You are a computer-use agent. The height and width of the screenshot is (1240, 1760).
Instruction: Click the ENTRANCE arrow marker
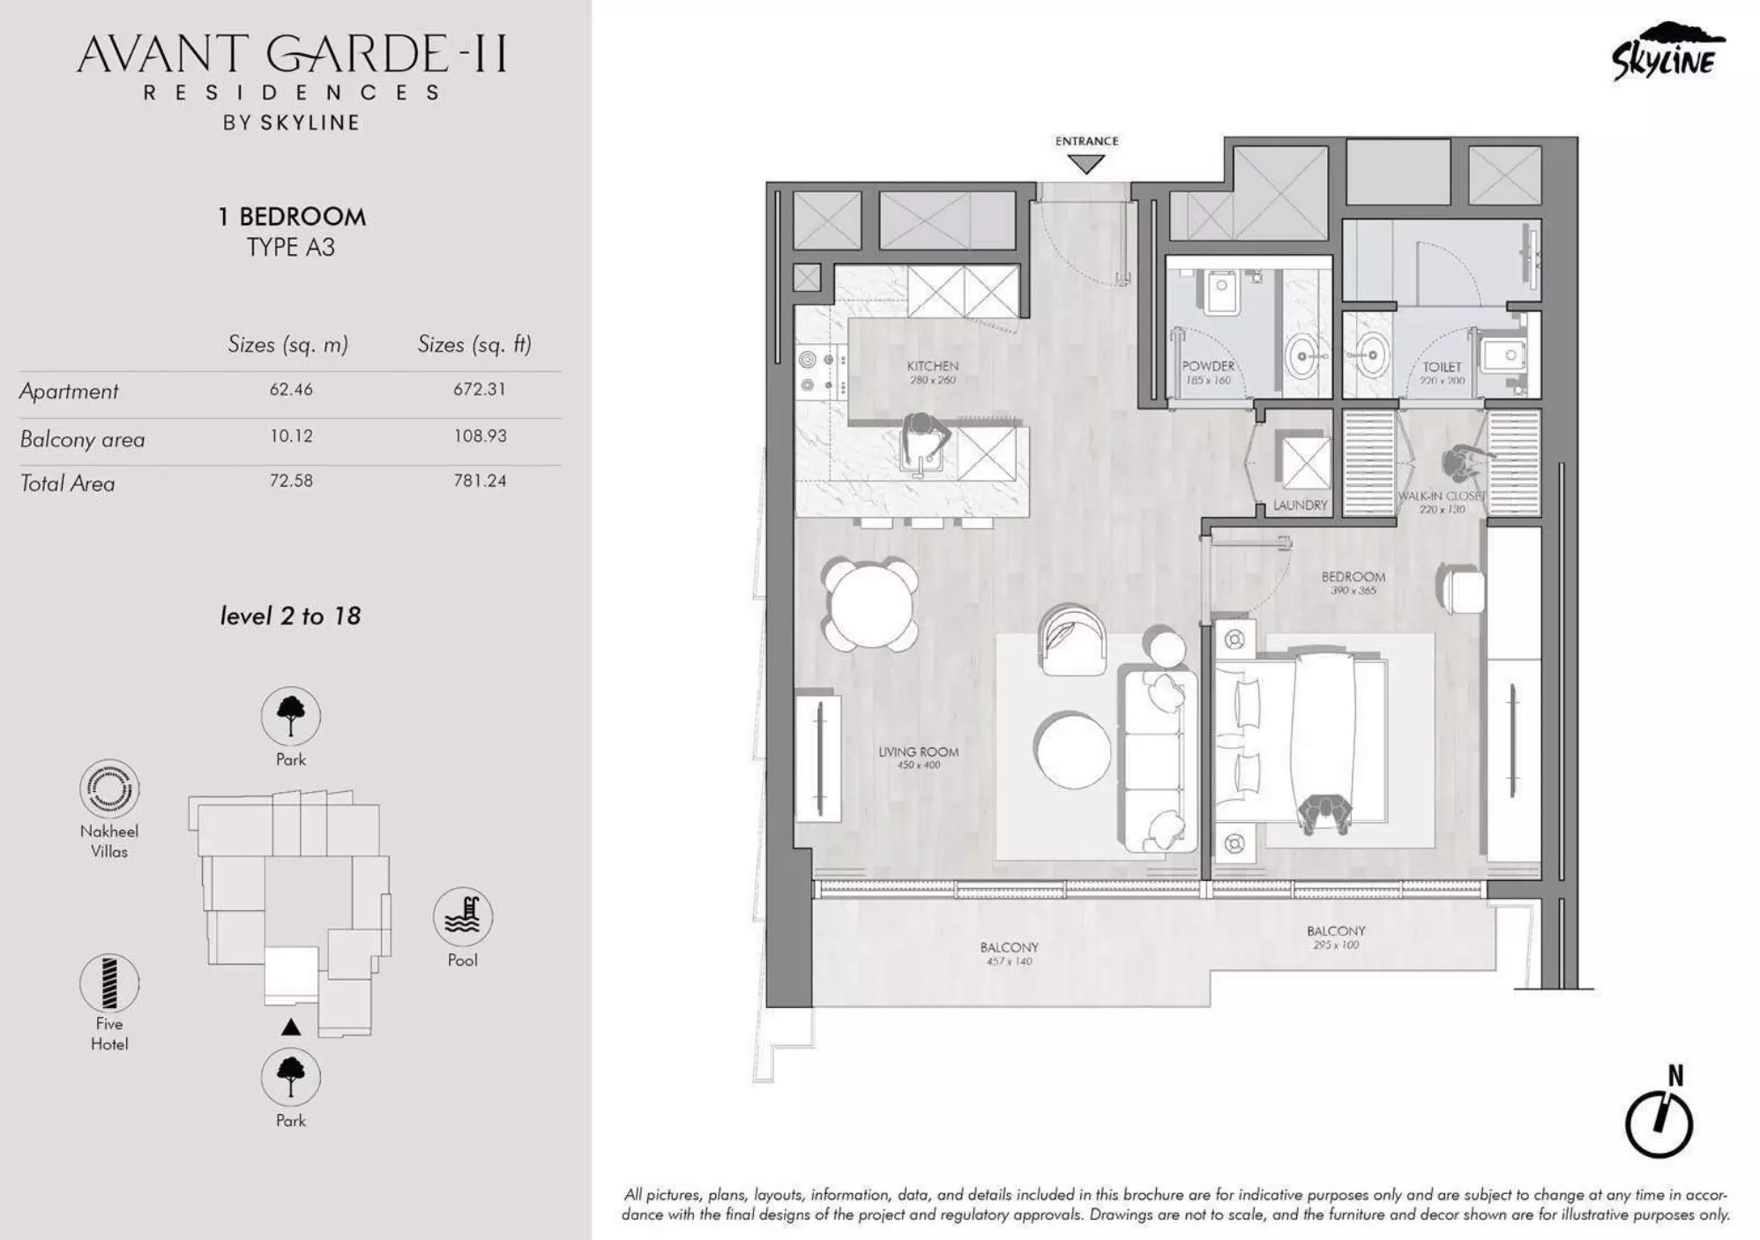point(1085,164)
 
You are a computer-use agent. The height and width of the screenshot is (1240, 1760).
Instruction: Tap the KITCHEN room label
point(932,366)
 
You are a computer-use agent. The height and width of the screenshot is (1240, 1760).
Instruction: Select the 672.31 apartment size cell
point(480,389)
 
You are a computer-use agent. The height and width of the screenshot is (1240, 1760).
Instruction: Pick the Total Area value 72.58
point(291,481)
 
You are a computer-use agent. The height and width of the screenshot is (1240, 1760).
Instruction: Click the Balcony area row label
point(82,439)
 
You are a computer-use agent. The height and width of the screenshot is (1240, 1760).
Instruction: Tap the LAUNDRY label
point(1300,505)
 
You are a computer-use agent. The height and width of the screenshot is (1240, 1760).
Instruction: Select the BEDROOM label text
point(1353,577)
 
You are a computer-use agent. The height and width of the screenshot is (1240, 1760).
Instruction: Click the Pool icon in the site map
point(462,917)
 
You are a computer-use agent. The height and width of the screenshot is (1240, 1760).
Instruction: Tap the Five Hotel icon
point(109,982)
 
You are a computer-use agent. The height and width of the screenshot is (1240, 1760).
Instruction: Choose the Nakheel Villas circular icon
point(109,788)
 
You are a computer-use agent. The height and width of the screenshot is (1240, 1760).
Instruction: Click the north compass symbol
point(1659,1123)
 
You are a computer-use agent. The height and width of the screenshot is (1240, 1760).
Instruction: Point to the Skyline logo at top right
point(1667,53)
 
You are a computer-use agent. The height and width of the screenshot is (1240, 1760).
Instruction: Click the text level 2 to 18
point(290,616)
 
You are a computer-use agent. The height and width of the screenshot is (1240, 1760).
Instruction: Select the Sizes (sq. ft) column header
point(474,344)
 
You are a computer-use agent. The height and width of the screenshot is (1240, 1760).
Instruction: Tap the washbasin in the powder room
point(1303,357)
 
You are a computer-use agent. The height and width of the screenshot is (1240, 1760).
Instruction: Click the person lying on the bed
point(1325,812)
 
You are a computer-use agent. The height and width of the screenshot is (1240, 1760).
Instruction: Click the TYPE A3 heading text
point(290,248)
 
